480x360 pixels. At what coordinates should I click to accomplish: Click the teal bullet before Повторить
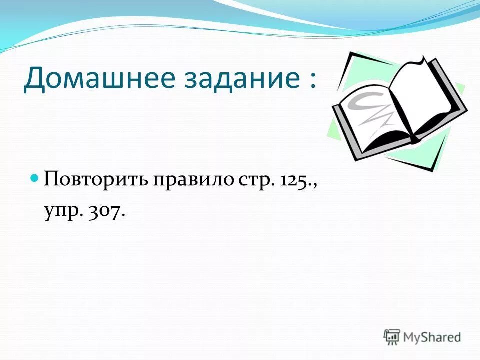(35, 178)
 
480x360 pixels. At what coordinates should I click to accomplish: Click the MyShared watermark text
(432, 337)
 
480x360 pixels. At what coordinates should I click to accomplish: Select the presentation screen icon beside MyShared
(392, 336)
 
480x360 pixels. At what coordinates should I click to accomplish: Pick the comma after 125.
(315, 186)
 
